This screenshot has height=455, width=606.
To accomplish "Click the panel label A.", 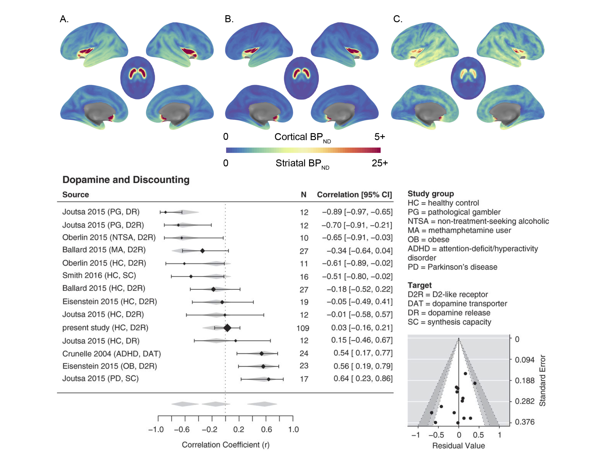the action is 64,19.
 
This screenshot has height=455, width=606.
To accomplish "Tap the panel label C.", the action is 398,19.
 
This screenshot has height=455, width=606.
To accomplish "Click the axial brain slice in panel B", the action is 301,78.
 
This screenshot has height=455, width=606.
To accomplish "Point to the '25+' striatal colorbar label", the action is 380,163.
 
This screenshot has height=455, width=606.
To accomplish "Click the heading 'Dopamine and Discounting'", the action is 126,180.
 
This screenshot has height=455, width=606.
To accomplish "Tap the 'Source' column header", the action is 76,195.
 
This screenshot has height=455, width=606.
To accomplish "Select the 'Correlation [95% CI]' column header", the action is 355,195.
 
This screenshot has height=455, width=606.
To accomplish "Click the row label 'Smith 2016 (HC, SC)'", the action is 99,275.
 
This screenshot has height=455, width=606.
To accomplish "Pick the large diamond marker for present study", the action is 227,328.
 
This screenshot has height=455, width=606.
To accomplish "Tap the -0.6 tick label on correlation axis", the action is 182,430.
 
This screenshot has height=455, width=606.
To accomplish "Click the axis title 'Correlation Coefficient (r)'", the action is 226,445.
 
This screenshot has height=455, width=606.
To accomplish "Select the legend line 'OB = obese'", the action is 428,239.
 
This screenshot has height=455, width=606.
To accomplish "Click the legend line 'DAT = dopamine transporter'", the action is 457,304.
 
